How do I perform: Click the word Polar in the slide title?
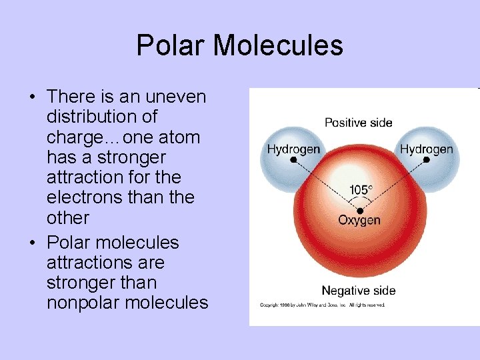coord(170,46)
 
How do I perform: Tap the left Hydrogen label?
coord(293,149)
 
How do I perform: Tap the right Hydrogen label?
coord(426,149)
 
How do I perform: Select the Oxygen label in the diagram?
coord(359,221)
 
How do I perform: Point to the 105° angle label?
coord(360,190)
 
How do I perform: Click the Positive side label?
coord(358,123)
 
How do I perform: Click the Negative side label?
coord(358,291)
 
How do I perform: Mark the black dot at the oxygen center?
coord(360,211)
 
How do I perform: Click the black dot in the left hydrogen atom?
coord(293,160)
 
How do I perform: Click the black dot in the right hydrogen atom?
coord(427,160)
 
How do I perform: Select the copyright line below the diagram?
coord(322,305)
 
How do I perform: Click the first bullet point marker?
coord(32,97)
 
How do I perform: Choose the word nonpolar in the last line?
coord(83,303)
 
